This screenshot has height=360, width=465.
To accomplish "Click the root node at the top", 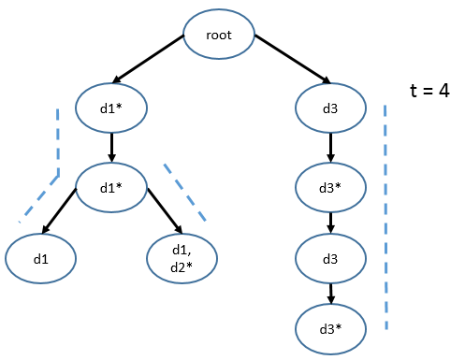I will (x=218, y=38).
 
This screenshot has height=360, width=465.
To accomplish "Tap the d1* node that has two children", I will (x=111, y=186).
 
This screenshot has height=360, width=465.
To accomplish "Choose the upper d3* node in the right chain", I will (x=330, y=186).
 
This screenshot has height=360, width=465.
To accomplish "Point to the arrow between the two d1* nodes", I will (x=111, y=146).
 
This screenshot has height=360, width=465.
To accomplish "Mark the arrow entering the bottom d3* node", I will (x=330, y=292).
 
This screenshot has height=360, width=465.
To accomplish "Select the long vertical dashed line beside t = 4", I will (x=385, y=215).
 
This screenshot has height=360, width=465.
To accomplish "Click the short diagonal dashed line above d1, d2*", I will (x=184, y=192).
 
